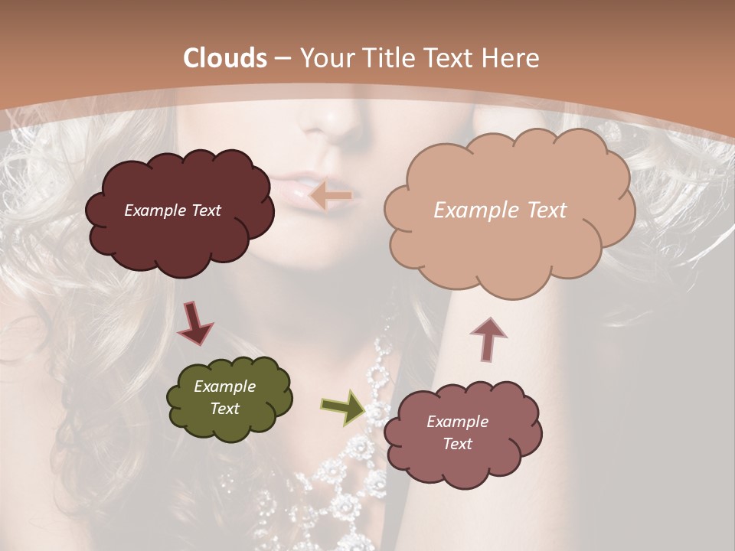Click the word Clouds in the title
(225, 58)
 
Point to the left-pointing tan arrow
(330, 196)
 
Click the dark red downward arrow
(194, 323)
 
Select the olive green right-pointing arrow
(343, 407)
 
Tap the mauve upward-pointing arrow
(488, 337)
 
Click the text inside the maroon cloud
(172, 210)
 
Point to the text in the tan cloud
(500, 210)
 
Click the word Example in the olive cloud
(224, 386)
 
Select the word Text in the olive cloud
(224, 409)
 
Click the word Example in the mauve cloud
(457, 422)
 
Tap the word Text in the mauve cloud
(457, 444)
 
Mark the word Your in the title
(325, 58)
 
